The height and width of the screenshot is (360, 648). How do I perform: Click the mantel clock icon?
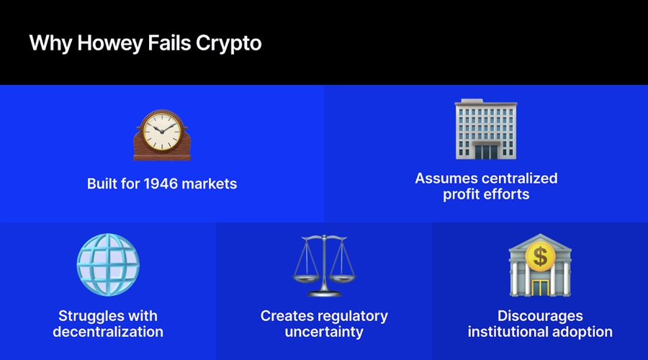click(162, 135)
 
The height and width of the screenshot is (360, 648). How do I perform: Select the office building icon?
click(485, 130)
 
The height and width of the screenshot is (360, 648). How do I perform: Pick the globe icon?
click(108, 264)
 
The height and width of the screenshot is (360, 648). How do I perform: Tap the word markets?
click(210, 184)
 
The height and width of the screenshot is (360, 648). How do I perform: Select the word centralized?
click(516, 178)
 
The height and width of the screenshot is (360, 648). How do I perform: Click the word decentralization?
click(108, 332)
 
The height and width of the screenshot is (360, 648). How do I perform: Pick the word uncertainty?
click(324, 332)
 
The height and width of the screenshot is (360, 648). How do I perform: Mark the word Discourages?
click(540, 316)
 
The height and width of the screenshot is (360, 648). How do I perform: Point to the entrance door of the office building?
click(485, 150)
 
